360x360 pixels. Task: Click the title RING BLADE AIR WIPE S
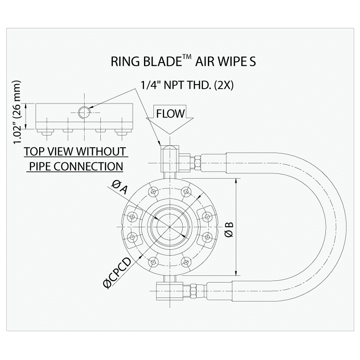(183, 62)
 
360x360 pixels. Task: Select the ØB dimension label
(229, 229)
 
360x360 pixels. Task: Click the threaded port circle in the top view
(84, 112)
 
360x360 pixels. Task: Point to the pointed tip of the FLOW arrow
(170, 134)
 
